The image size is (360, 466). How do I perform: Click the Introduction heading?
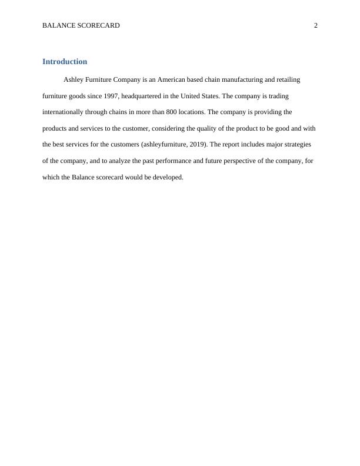[65, 62]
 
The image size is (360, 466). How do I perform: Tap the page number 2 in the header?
[316, 25]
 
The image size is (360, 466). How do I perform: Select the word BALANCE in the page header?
[58, 25]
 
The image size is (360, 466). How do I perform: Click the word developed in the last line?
[169, 176]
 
